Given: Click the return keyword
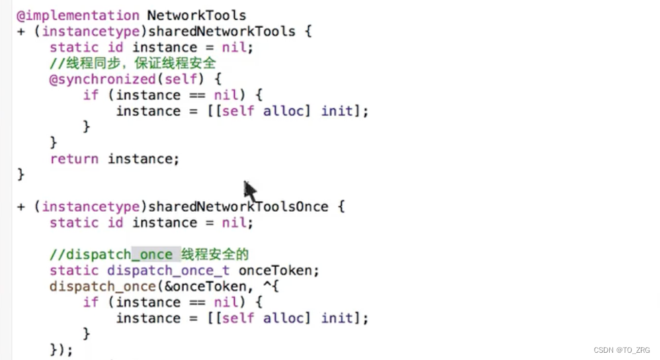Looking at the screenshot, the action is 74,159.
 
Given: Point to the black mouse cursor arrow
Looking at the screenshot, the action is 249,191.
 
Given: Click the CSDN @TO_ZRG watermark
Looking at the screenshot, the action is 622,349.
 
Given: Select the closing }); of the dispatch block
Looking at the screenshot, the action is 61,349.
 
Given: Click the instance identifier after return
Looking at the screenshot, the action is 143,159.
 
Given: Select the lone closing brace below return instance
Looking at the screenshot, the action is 21,174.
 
